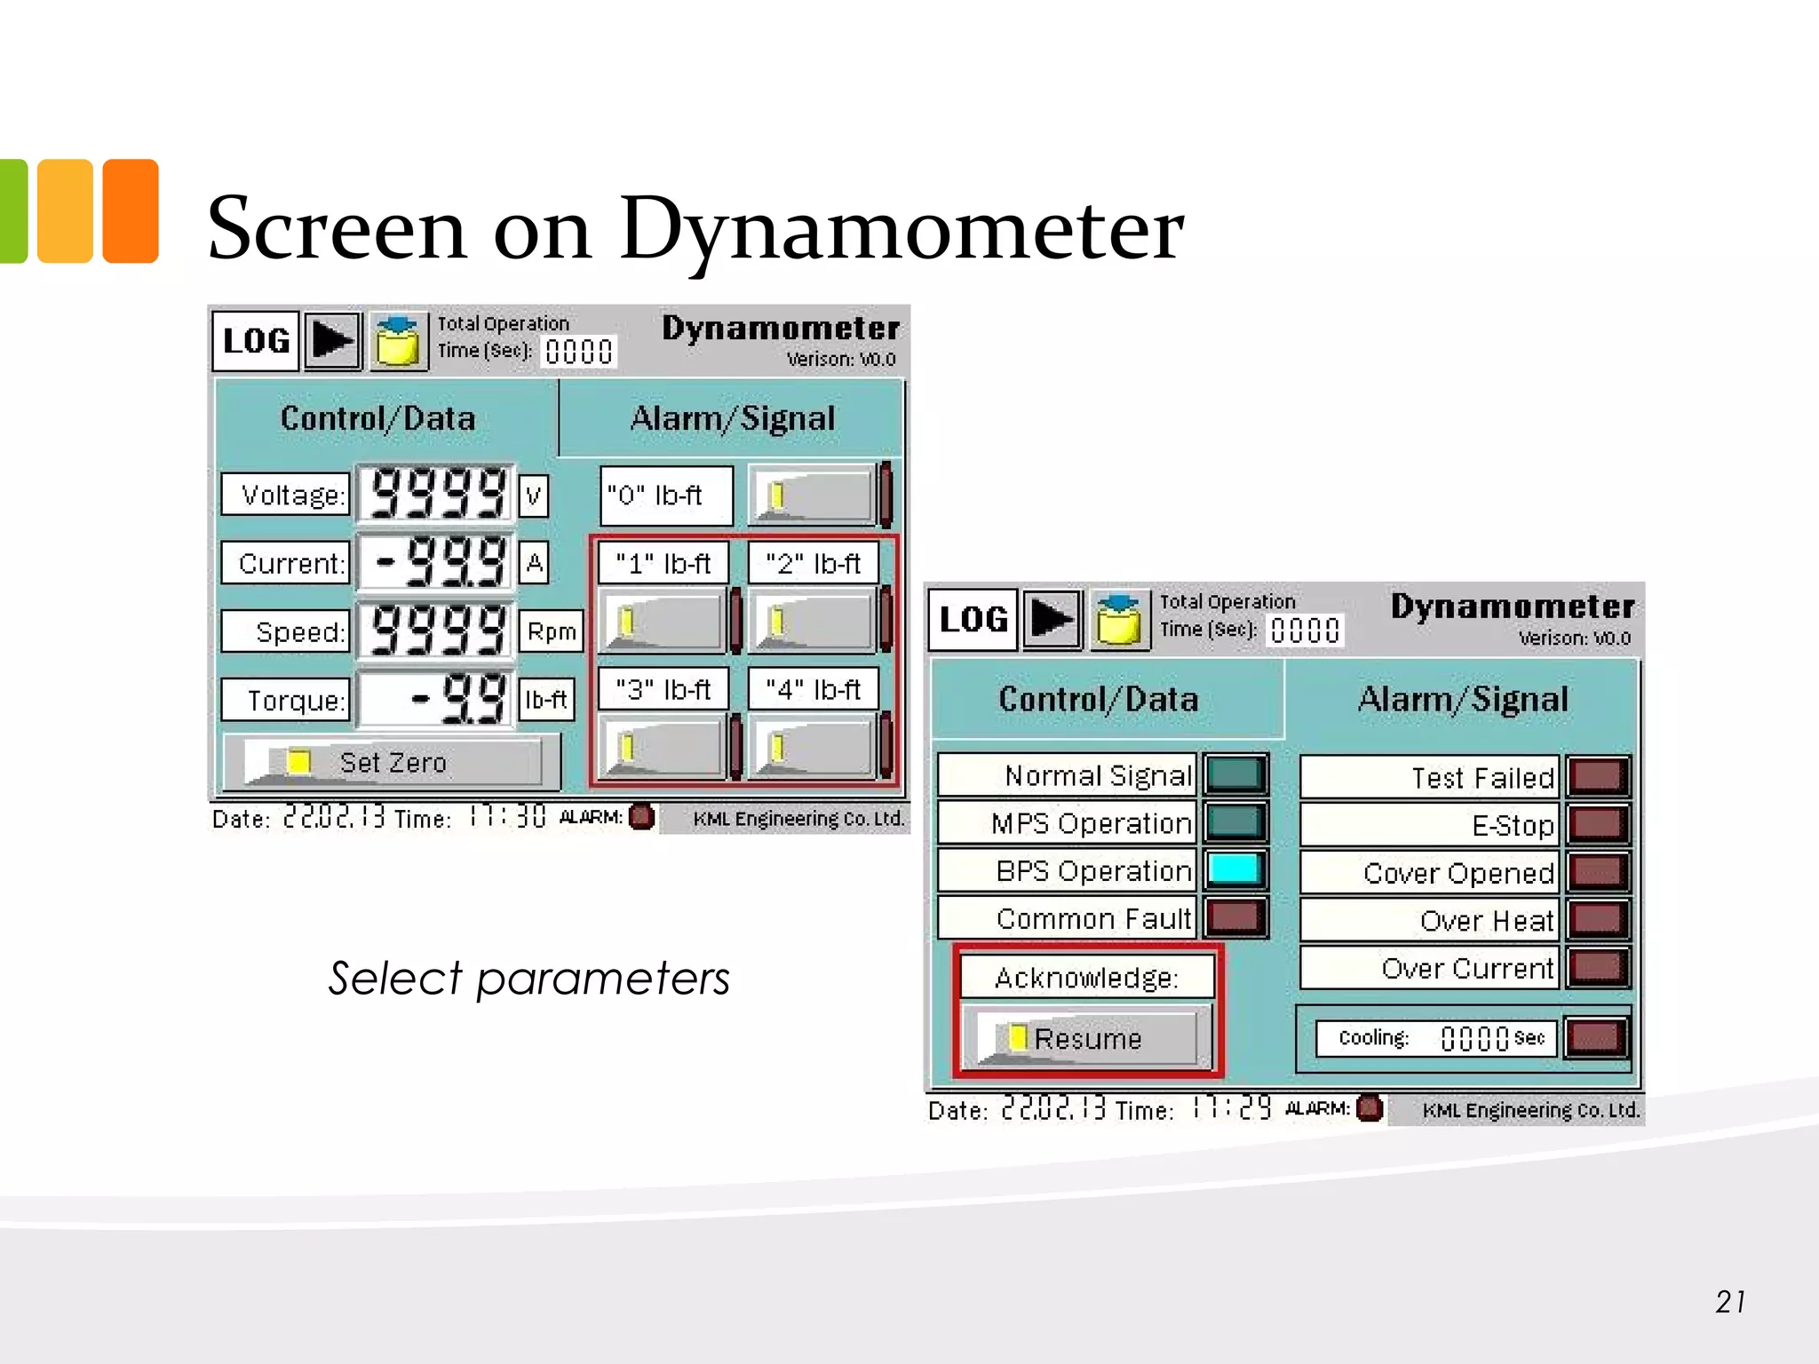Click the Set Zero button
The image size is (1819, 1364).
click(x=392, y=762)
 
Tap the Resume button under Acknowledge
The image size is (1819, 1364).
click(x=1087, y=1037)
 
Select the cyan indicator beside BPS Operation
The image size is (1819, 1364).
click(x=1235, y=869)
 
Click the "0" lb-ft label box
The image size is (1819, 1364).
click(x=666, y=496)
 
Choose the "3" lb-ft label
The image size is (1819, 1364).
click(x=663, y=689)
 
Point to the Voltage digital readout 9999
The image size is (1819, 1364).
click(x=436, y=493)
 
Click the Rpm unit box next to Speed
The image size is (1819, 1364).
click(x=551, y=631)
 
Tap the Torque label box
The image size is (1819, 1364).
click(x=286, y=700)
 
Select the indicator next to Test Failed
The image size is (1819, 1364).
click(x=1598, y=776)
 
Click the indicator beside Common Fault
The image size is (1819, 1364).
click(x=1235, y=917)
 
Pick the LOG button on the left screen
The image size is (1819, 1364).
click(x=256, y=340)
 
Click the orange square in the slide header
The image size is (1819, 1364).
click(x=131, y=210)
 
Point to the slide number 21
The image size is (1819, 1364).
click(x=1730, y=1302)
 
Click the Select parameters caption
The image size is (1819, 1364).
click(x=529, y=979)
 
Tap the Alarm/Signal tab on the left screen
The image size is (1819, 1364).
click(x=732, y=418)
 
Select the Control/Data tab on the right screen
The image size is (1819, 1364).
click(x=1099, y=699)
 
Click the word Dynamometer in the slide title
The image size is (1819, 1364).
click(x=902, y=229)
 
